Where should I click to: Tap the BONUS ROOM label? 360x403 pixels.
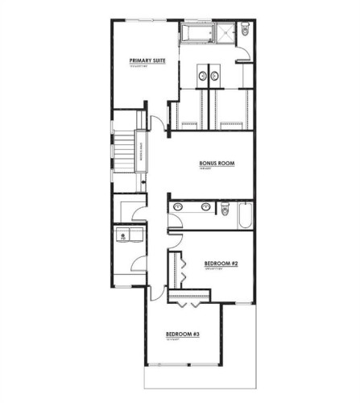tap(217, 163)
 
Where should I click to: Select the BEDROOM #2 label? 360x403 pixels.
tap(219, 264)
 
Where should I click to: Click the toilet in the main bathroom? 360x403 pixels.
tap(226, 210)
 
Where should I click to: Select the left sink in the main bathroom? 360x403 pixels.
tap(177, 206)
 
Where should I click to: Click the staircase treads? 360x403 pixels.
tap(124, 152)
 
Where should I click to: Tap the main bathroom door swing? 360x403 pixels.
tap(175, 223)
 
